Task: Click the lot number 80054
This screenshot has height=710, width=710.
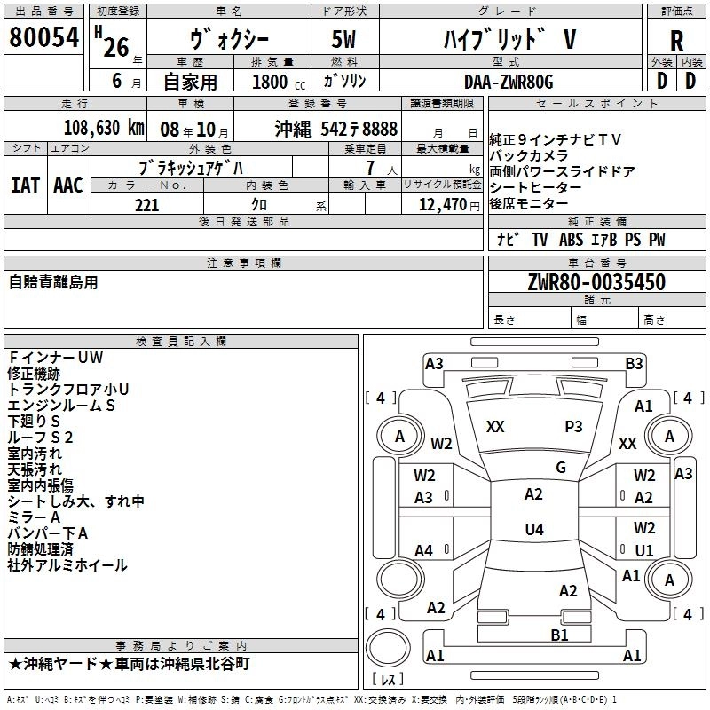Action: pos(43,38)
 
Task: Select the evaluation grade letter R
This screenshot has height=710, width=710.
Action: pos(676,41)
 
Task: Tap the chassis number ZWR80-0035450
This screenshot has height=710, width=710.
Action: pos(596,283)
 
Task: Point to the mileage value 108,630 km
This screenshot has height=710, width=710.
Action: pos(104,128)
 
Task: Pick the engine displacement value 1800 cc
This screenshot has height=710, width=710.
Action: pos(271,82)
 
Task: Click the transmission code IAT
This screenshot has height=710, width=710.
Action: pos(25,185)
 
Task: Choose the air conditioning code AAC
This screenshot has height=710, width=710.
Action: pos(68,185)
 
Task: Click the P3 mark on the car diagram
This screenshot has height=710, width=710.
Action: pos(573,426)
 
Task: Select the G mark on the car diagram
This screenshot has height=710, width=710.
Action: pos(560,468)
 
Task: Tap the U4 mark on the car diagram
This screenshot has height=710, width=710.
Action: pos(533,530)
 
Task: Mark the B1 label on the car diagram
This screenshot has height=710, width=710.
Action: pos(559,635)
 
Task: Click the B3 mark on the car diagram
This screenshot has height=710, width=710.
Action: pos(634,363)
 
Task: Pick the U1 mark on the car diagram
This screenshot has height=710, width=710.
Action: pos(644,550)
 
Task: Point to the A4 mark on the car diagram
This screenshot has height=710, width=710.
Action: pos(424,551)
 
